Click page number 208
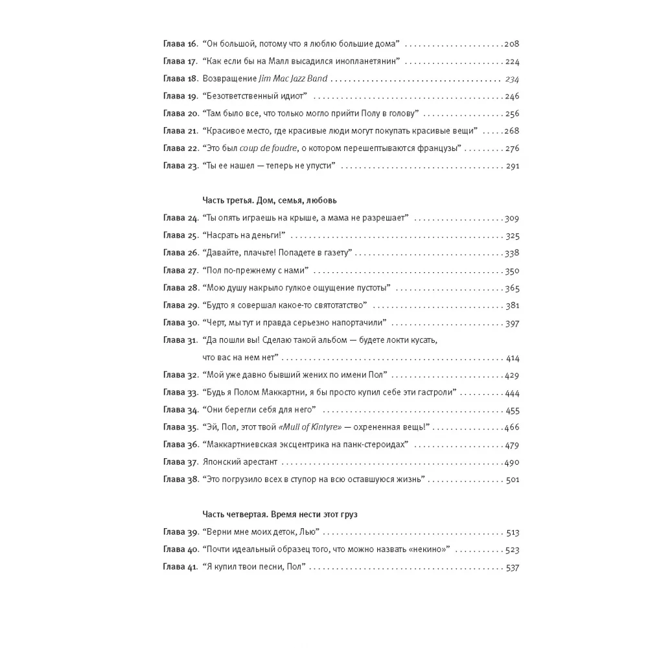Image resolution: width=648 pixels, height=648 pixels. pyautogui.click(x=512, y=44)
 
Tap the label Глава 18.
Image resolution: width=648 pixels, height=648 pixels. pyautogui.click(x=179, y=79)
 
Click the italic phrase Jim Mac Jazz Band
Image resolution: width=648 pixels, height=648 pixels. pyautogui.click(x=296, y=79)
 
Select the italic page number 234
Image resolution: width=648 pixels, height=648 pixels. pyautogui.click(x=512, y=79)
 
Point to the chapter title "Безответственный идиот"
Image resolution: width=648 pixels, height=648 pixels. pyautogui.click(x=258, y=97)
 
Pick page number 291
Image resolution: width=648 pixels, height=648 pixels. pyautogui.click(x=512, y=167)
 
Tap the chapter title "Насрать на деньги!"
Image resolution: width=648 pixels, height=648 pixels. pyautogui.click(x=247, y=236)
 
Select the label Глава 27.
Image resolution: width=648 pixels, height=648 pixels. pyautogui.click(x=179, y=270)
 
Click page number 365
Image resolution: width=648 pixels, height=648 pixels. pyautogui.click(x=512, y=288)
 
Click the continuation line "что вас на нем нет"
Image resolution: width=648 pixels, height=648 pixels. pyautogui.click(x=240, y=358)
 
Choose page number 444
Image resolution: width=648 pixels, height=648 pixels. pyautogui.click(x=512, y=393)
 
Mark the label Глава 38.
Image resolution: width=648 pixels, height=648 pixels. pyautogui.click(x=179, y=480)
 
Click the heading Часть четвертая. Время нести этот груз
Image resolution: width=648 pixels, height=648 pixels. pyautogui.click(x=279, y=514)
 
